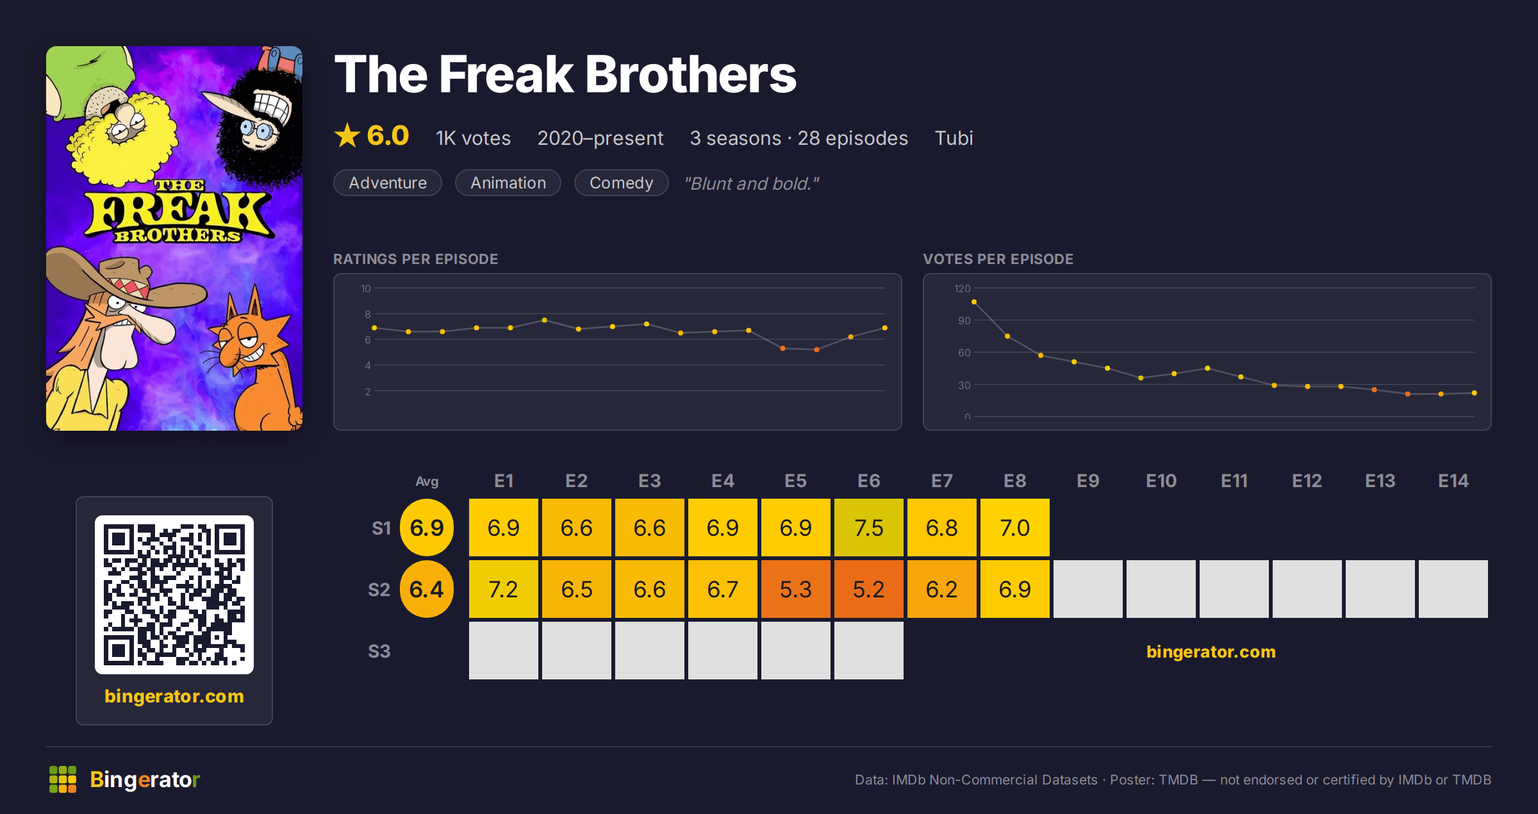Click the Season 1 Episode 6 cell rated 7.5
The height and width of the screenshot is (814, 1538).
tap(868, 527)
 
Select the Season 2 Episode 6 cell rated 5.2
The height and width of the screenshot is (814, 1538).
tap(868, 589)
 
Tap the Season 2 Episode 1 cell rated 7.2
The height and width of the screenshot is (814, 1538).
tap(503, 589)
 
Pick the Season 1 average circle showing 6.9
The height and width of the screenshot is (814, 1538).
tap(427, 527)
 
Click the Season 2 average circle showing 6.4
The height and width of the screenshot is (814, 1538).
tap(427, 589)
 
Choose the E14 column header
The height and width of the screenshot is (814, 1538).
tap(1453, 481)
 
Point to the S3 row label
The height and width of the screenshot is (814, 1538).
tap(379, 651)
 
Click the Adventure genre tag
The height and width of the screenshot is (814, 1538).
tap(388, 183)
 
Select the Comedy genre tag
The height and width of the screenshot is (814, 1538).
tap(621, 183)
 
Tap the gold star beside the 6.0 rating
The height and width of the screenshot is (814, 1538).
tap(347, 135)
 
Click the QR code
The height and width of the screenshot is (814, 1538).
tap(174, 595)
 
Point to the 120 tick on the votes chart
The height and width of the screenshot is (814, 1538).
tap(962, 288)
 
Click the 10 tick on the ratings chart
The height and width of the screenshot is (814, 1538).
tap(365, 288)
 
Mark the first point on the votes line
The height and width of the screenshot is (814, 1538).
tap(974, 302)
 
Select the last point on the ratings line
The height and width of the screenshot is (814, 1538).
tap(884, 328)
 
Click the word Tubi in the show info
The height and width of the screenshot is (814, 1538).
tap(954, 138)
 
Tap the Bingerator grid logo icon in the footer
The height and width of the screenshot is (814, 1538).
tap(63, 779)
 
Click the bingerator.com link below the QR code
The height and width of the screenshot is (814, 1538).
tap(174, 696)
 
